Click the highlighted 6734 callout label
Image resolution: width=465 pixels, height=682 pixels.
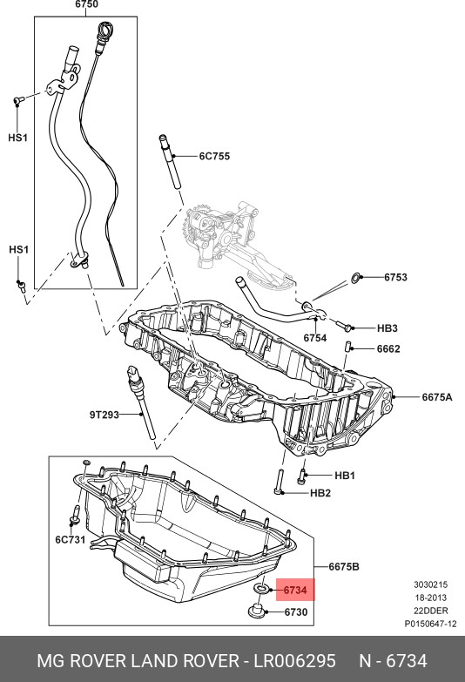click(295, 591)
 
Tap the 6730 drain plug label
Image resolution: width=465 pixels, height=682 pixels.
click(296, 612)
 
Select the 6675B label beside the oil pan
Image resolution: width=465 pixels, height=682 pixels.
click(344, 567)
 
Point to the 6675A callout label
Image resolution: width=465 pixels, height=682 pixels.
click(437, 397)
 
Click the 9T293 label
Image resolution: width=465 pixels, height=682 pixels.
click(104, 415)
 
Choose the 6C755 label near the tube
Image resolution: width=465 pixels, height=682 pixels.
click(214, 156)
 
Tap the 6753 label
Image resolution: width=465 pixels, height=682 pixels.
click(395, 277)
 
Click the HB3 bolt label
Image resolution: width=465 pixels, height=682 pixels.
click(387, 328)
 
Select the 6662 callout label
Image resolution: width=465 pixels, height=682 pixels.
click(388, 348)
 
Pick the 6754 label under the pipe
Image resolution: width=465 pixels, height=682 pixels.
click(315, 338)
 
